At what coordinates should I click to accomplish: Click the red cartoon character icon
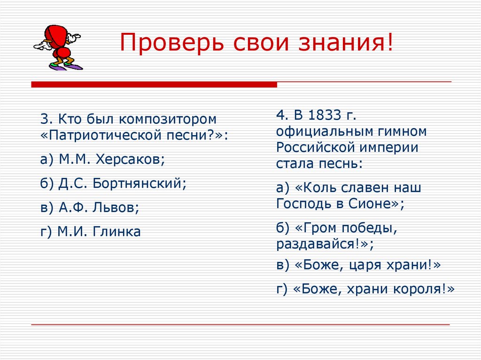pyautogui.click(x=58, y=46)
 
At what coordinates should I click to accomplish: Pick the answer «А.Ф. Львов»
pyautogui.click(x=99, y=207)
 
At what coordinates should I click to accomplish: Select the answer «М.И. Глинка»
pyautogui.click(x=99, y=231)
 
